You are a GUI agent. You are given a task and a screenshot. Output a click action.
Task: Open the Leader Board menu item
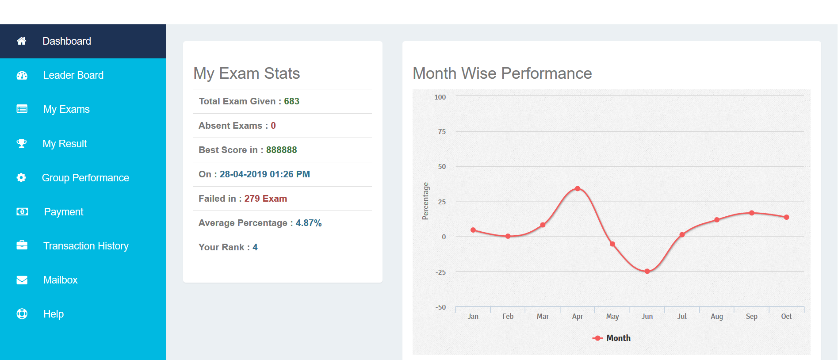pos(73,75)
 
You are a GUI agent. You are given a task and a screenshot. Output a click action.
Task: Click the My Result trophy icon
pos(21,144)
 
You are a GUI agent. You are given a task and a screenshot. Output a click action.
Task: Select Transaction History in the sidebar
pos(86,246)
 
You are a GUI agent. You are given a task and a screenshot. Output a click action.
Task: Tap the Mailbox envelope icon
pos(22,280)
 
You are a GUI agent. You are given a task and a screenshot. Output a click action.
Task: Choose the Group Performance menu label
pos(85,178)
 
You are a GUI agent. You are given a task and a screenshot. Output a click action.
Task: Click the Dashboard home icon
pos(21,41)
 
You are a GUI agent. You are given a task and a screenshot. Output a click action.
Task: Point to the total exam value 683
pos(291,101)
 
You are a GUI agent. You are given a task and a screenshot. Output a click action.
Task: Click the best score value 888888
pos(281,150)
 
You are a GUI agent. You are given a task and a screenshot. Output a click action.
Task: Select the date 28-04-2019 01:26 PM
pos(264,174)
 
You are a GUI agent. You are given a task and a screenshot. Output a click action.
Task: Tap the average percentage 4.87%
pos(308,223)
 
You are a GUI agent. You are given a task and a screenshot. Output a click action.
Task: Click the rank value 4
pos(255,247)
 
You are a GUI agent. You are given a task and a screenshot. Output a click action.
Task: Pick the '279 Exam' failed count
pos(265,199)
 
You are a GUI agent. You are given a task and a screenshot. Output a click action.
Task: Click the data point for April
pos(578,189)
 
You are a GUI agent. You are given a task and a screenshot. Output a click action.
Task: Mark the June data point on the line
pos(647,271)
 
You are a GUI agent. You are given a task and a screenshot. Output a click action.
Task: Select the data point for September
pos(751,213)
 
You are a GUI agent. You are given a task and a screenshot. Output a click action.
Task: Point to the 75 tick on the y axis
pos(442,132)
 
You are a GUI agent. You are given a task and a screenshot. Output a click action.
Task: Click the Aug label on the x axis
pos(716,316)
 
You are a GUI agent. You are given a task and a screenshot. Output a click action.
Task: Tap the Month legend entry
pos(612,338)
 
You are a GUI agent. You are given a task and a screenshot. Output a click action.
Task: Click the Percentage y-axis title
pos(425,201)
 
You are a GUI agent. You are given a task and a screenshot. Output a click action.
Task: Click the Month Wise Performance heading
pos(502,73)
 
